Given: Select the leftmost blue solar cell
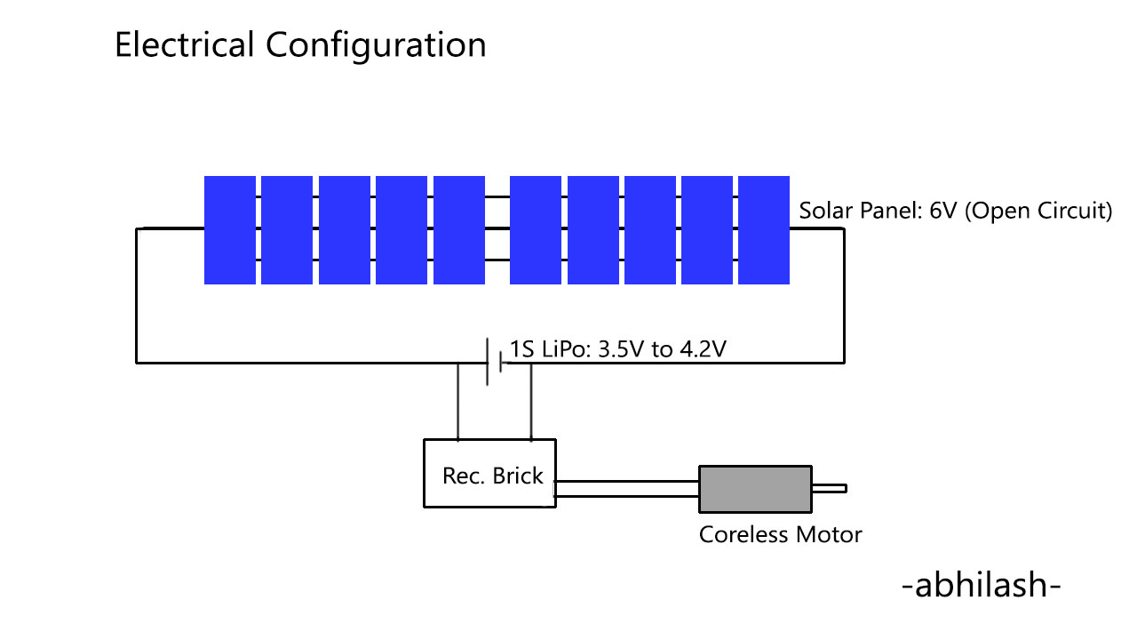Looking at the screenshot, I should tap(230, 230).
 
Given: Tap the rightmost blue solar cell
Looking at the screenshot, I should tap(764, 230).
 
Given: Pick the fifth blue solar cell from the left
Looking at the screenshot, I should tap(459, 230).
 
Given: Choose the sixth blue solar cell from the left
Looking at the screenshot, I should tap(536, 230).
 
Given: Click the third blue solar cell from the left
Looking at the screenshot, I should tap(345, 230).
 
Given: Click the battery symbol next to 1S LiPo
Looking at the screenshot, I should tap(495, 362).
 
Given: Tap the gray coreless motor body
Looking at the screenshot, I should tap(755, 488).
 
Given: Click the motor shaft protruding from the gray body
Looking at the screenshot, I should tap(830, 488).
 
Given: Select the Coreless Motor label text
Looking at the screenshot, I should tap(780, 535).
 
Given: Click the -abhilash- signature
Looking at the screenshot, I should tap(981, 587).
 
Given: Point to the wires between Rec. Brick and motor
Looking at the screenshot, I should tap(627, 488).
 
